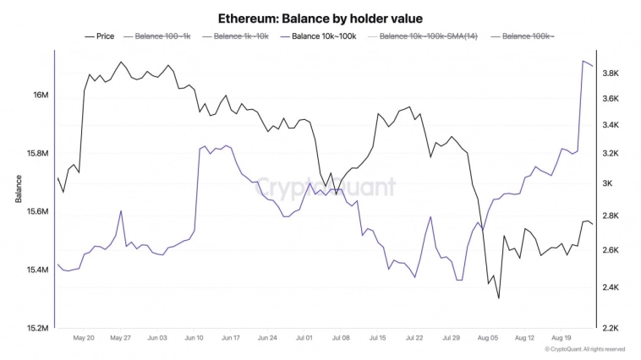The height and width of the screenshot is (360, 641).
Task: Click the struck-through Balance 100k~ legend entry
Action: click(x=529, y=36)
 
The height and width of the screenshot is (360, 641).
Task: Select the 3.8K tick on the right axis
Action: click(x=611, y=74)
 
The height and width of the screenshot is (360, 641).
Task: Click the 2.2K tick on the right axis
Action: click(x=611, y=328)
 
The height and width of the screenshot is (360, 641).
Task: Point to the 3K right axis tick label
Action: click(x=608, y=183)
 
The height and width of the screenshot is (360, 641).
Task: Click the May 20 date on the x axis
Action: click(x=84, y=337)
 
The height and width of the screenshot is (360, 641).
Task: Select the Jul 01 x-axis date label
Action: click(x=304, y=337)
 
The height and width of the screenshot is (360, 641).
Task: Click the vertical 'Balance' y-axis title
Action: click(x=18, y=188)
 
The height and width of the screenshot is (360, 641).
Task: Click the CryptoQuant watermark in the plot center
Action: click(x=326, y=186)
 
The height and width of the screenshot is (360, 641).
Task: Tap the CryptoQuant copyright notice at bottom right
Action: click(x=585, y=349)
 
